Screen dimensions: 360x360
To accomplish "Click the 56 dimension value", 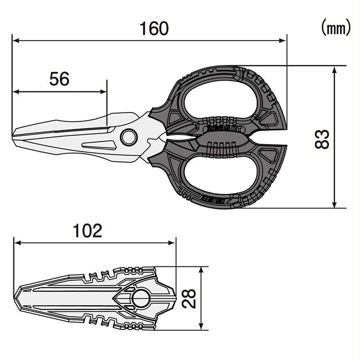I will (59, 79).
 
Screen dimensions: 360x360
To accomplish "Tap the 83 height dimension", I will (322, 139).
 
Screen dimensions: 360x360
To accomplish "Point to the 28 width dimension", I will (189, 298).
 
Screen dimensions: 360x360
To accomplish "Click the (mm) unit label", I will (335, 28).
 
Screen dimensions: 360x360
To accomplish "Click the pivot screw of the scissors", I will (129, 137).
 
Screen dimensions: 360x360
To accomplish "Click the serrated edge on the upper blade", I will (81, 130).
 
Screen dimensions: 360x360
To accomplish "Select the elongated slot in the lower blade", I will (99, 145).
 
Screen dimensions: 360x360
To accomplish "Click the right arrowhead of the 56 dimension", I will (104, 92).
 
